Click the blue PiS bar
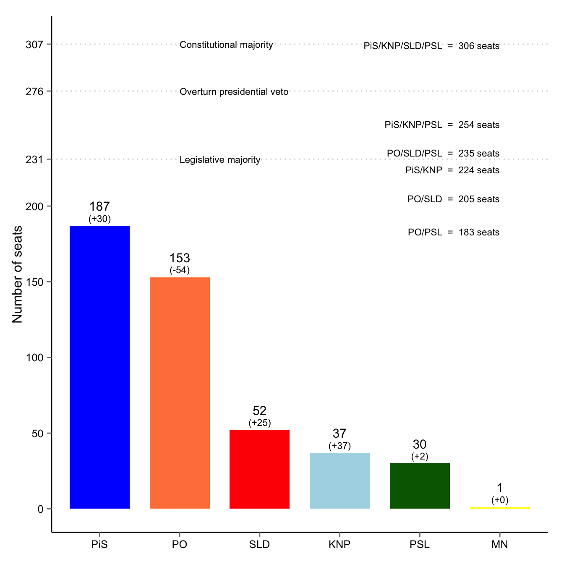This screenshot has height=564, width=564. (x=99, y=367)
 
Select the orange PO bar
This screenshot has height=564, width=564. (x=180, y=393)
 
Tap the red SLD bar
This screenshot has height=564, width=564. (x=259, y=469)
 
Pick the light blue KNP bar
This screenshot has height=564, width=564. (x=339, y=480)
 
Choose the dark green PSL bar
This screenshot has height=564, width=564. (x=420, y=486)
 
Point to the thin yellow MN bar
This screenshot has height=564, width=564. (x=499, y=508)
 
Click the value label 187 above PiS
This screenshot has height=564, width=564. (x=99, y=206)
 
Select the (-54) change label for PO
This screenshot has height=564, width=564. (x=180, y=270)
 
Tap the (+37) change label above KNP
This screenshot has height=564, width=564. (x=339, y=446)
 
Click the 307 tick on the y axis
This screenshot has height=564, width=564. (x=34, y=44)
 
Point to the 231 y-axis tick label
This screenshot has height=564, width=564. (x=34, y=159)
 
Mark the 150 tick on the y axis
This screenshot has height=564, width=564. (x=34, y=282)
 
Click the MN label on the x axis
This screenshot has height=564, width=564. (x=499, y=545)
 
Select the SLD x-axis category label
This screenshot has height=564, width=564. (x=259, y=545)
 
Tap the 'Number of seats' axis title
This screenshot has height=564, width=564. (x=17, y=274)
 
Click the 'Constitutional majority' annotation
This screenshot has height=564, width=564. (x=226, y=45)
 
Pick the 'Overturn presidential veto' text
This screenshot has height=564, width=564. (x=234, y=92)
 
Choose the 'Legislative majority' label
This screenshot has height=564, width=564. (x=220, y=160)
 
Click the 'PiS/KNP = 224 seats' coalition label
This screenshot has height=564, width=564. (x=452, y=170)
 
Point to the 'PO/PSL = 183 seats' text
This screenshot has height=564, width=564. (x=454, y=232)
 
